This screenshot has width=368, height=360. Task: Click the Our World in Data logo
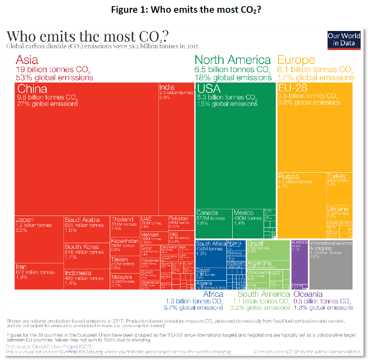coord(344,40)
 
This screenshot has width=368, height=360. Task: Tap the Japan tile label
coord(25,220)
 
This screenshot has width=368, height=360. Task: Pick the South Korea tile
coord(86,256)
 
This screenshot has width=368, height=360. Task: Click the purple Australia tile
coord(299,264)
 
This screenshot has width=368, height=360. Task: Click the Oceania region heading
coord(308,294)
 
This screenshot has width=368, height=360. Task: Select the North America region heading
coord(233,60)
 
